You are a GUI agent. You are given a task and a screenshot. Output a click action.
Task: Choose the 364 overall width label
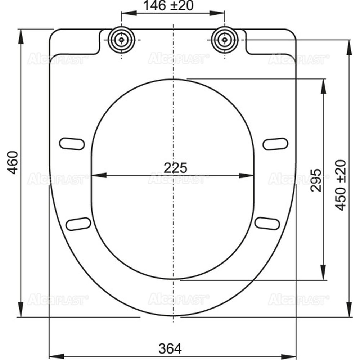170,348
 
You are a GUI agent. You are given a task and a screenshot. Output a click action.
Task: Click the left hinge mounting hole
122,40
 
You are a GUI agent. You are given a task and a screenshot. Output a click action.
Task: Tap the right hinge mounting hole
225,39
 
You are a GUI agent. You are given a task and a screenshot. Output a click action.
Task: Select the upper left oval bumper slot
72,144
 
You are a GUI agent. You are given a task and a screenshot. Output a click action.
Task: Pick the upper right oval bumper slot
275,144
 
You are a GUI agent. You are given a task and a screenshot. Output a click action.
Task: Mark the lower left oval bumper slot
78,224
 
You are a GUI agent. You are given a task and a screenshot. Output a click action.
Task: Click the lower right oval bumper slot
267,223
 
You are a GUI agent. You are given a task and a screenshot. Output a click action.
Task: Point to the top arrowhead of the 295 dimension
324,85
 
